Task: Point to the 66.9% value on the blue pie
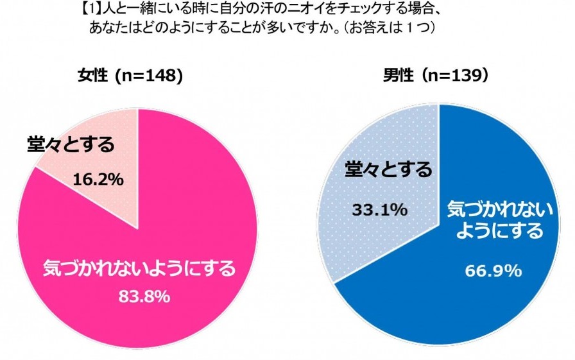(x=492, y=271)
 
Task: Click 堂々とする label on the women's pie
(x=71, y=145)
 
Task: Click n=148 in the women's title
(x=144, y=76)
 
